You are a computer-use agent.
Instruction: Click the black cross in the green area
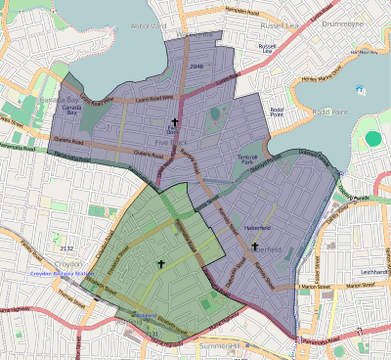[160, 264]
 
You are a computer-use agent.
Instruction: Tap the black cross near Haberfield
[255, 247]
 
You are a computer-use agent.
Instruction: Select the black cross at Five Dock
[173, 123]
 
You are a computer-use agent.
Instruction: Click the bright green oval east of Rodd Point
[372, 138]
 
